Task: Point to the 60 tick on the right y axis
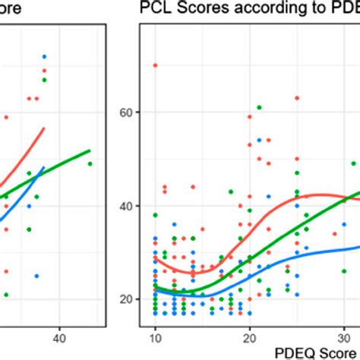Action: coord(126,112)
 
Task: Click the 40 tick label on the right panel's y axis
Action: coord(126,206)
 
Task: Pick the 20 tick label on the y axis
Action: coord(126,299)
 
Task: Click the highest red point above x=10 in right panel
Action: coord(155,65)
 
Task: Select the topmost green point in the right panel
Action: coord(259,107)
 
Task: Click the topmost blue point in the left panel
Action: coord(44,57)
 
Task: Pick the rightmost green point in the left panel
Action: coord(90,163)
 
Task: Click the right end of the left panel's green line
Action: coord(90,150)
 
